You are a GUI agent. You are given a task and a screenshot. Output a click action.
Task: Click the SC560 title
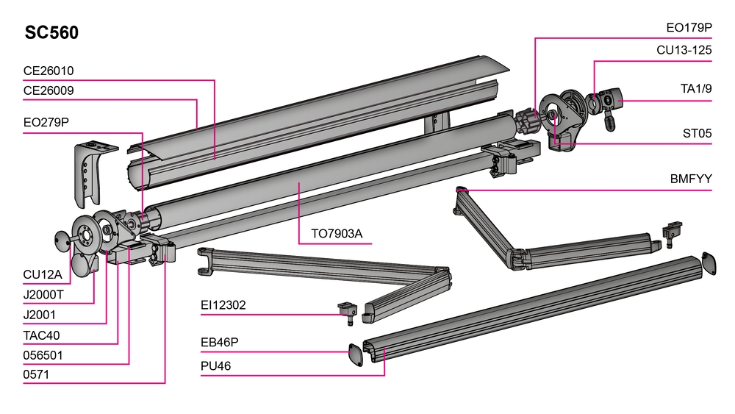pos(51,33)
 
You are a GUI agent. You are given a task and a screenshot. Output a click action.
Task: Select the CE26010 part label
pos(49,71)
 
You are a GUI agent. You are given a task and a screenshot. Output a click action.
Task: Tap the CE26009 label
pos(49,90)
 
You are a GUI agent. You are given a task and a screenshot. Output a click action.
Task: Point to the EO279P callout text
pos(46,122)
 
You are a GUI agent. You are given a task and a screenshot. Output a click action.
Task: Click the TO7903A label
pos(337,234)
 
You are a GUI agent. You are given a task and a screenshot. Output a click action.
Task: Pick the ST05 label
pos(697,133)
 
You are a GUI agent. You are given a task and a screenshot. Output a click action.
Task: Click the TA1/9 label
pos(695,90)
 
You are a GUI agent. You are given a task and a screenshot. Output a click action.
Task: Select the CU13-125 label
pos(684,50)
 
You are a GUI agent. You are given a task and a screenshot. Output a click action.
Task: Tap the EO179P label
pos(689,28)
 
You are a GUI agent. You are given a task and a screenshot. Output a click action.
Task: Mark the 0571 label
pos(35,374)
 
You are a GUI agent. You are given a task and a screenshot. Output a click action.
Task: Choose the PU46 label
pos(216,365)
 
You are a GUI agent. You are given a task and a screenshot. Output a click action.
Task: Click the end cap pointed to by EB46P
pos(356,354)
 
